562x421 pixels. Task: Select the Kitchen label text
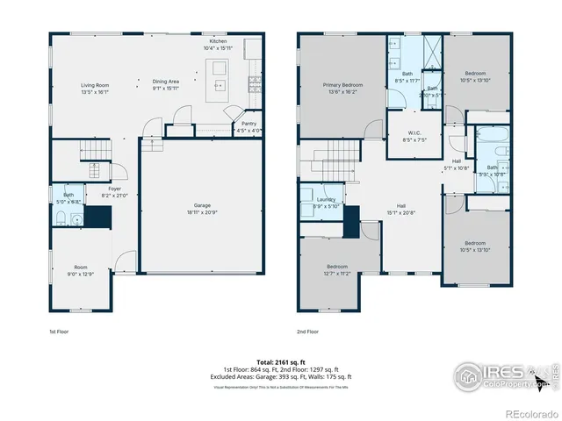(218, 41)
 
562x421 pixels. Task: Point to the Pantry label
(249, 124)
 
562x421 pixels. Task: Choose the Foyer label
(115, 188)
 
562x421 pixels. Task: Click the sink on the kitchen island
(219, 85)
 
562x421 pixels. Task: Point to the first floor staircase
(91, 150)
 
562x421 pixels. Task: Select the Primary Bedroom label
(342, 84)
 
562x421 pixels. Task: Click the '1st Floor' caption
(59, 332)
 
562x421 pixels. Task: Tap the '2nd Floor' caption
(308, 332)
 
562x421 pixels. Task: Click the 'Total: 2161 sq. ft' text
(280, 361)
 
